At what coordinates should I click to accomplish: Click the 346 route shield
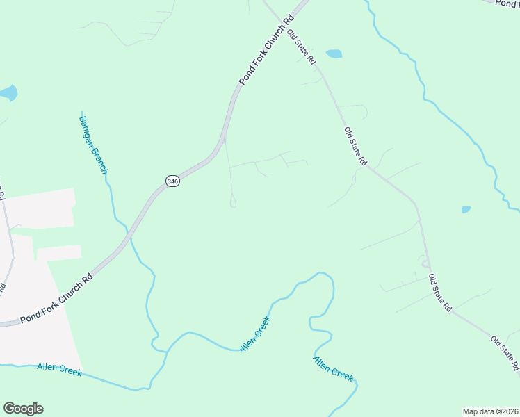(x=173, y=181)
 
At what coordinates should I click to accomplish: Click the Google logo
(x=23, y=409)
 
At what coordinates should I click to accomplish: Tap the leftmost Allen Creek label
(x=59, y=369)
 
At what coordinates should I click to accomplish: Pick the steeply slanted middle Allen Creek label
(x=254, y=334)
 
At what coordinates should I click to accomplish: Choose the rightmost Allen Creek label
(x=333, y=368)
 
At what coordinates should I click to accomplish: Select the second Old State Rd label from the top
(x=355, y=146)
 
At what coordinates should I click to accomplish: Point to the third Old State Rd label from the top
(x=440, y=292)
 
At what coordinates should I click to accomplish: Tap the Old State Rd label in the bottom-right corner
(x=505, y=353)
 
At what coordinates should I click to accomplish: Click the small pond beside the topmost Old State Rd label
(x=334, y=54)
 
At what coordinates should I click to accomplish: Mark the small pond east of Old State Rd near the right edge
(x=466, y=209)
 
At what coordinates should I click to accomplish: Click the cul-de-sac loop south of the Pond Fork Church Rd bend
(x=233, y=202)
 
